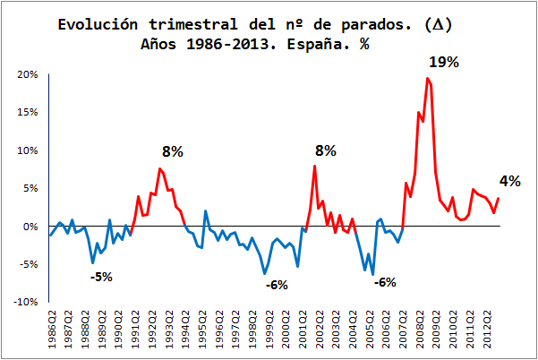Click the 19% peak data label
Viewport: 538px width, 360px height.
[x=442, y=63]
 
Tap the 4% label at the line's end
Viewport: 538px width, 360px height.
[x=510, y=181]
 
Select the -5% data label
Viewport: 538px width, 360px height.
[x=101, y=277]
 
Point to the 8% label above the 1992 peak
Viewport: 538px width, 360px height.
[x=172, y=151]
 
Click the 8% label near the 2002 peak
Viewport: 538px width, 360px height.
[x=325, y=151]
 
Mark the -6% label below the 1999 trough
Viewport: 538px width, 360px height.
[x=277, y=285]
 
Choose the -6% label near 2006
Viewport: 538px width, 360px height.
[x=385, y=282]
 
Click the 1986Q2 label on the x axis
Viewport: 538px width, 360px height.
[x=51, y=332]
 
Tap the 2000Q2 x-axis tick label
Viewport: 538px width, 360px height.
[x=286, y=332]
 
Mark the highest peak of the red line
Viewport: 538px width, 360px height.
[x=428, y=79]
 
